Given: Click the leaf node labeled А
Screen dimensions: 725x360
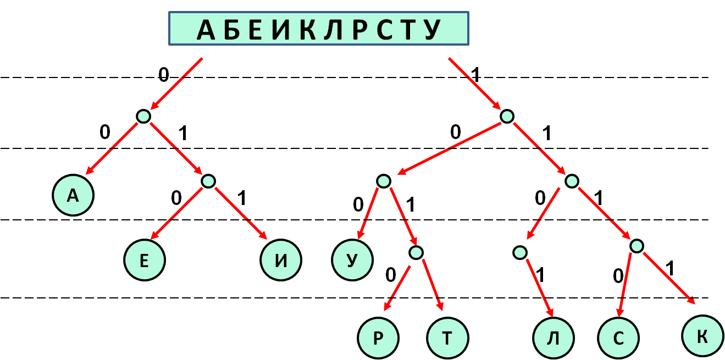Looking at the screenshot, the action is (73, 196).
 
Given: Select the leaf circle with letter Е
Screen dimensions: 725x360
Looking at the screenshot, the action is (145, 261).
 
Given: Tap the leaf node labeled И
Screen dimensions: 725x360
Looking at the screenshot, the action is (281, 261).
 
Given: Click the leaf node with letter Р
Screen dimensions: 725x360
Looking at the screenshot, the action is (378, 337).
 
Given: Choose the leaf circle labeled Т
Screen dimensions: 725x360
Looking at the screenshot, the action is (447, 337).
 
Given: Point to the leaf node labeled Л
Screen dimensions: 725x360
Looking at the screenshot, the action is (554, 337).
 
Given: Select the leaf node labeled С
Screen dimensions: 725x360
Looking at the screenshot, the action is (619, 337).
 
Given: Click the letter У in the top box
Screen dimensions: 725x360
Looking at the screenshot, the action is (434, 30).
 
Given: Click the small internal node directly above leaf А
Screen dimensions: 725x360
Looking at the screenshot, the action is (143, 116).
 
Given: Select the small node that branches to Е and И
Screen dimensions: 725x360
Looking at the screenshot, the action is (208, 181).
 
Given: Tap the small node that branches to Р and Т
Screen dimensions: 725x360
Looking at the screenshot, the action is (416, 252).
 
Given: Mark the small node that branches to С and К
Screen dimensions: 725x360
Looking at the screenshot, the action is (636, 246).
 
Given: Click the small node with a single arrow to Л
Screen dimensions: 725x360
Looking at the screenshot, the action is (519, 252).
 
